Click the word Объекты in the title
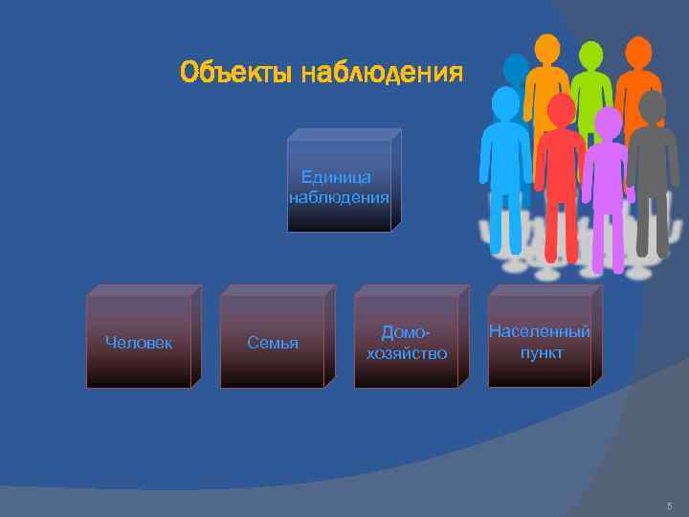pyautogui.click(x=235, y=73)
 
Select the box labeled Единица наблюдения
pyautogui.click(x=340, y=187)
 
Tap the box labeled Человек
pyautogui.click(x=139, y=342)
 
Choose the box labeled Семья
pyautogui.click(x=273, y=342)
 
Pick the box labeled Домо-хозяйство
pyautogui.click(x=407, y=342)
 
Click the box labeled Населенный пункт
pyautogui.click(x=540, y=342)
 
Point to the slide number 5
pyautogui.click(x=670, y=506)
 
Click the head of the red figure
pyautogui.click(x=561, y=110)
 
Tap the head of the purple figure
pyautogui.click(x=608, y=123)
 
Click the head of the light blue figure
pyautogui.click(x=505, y=102)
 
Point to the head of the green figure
pyautogui.click(x=591, y=56)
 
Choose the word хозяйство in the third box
pyautogui.click(x=407, y=353)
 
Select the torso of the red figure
pyautogui.click(x=560, y=163)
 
